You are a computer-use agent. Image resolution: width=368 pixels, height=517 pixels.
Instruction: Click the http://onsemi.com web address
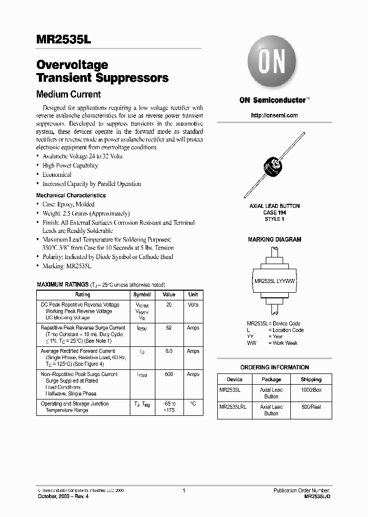point(274,115)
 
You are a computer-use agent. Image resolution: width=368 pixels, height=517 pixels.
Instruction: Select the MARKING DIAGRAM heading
point(274,239)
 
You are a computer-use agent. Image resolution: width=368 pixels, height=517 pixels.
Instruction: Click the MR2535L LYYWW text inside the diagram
point(275,281)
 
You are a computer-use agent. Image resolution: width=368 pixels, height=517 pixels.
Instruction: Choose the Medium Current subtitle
point(68,95)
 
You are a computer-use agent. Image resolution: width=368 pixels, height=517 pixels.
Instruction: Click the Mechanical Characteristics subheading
point(71,195)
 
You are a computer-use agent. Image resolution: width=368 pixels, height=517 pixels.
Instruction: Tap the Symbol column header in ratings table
point(142,294)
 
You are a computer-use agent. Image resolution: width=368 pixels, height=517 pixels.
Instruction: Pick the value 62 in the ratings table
point(169,327)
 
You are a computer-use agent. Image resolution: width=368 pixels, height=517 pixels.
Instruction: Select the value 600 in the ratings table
point(169,374)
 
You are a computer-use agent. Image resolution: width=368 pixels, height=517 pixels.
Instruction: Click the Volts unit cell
point(193,304)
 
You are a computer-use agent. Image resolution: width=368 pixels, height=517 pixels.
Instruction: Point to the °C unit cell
point(193,404)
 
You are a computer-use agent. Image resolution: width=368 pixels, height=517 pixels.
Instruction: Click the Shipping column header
point(311,380)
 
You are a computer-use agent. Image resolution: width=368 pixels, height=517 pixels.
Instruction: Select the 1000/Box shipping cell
point(311,390)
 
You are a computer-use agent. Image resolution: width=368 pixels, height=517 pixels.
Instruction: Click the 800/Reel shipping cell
point(311,407)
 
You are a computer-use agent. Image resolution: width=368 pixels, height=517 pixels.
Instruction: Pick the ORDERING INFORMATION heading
point(274,367)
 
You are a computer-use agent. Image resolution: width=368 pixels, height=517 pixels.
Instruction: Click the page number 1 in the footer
point(183,490)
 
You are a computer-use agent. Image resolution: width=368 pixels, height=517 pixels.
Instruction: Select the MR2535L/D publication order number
point(317,496)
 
